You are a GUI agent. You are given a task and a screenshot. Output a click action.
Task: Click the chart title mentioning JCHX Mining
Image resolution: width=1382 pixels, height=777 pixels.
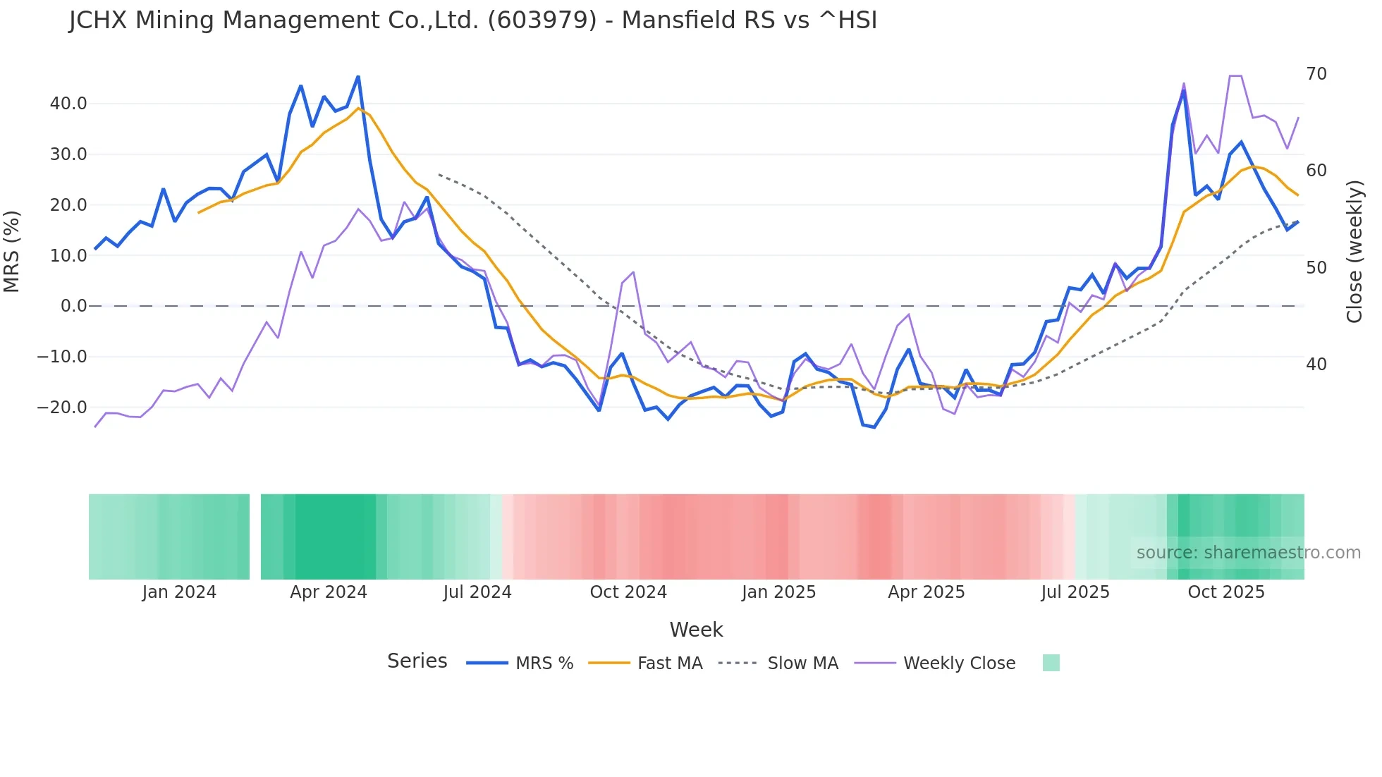(x=472, y=20)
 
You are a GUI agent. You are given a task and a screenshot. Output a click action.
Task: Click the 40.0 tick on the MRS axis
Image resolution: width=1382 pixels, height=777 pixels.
(x=68, y=104)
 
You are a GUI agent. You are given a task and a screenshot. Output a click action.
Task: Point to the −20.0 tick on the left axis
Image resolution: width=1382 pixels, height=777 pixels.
(x=63, y=408)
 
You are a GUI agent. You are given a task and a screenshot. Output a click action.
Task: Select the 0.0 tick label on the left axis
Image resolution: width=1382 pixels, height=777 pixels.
(x=74, y=306)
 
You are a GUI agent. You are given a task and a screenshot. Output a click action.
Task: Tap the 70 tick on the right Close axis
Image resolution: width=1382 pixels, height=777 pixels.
(x=1316, y=74)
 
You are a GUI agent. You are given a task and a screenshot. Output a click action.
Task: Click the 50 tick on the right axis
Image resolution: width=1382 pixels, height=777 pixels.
(x=1316, y=268)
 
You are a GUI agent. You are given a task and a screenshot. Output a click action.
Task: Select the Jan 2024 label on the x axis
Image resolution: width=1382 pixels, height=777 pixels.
(x=179, y=592)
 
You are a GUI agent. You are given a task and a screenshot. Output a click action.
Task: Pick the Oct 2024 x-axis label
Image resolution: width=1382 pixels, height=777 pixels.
(x=628, y=592)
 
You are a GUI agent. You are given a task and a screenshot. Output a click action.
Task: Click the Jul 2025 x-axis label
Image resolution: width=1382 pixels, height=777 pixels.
(x=1075, y=592)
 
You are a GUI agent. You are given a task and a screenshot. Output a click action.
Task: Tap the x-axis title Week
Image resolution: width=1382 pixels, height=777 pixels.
(x=696, y=630)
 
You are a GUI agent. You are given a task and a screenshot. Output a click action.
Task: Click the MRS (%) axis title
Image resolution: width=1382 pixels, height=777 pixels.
(x=12, y=251)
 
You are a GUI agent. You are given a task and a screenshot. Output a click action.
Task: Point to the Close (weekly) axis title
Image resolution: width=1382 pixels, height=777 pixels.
(x=1354, y=251)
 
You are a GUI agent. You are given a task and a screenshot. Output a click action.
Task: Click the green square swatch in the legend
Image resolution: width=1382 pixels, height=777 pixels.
(x=1051, y=663)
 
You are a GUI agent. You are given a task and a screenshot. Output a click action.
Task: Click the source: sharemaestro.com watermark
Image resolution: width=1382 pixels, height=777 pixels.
(x=1248, y=553)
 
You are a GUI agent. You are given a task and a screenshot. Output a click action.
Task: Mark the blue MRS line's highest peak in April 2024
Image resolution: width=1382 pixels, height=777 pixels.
(x=358, y=77)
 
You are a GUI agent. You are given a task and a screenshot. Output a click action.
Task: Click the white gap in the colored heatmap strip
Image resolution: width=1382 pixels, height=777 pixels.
(x=255, y=537)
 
